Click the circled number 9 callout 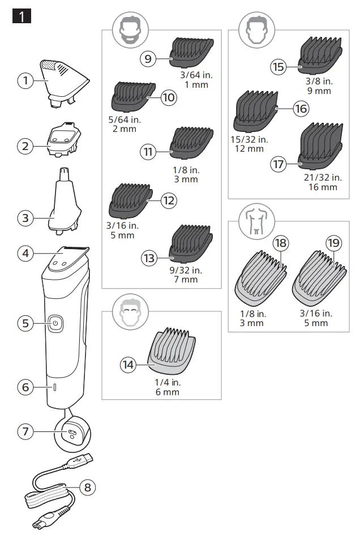[x=148, y=59]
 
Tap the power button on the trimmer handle [x=55, y=323]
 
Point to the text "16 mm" [x=322, y=187]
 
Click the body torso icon [x=256, y=221]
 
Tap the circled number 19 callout [x=334, y=243]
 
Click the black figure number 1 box [x=22, y=16]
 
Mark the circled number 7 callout [x=25, y=431]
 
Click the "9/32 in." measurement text [x=186, y=270]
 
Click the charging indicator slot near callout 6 [x=55, y=387]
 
